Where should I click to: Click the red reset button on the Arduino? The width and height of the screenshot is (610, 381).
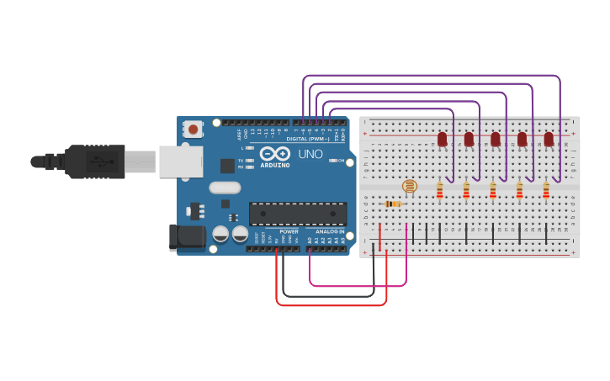pos(194,130)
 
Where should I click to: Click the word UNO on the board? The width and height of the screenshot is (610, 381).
pos(310,154)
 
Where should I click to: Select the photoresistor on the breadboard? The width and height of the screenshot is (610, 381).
pos(409,186)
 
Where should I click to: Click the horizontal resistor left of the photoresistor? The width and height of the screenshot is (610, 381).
pos(392,204)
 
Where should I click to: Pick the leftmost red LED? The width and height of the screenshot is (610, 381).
pos(442,139)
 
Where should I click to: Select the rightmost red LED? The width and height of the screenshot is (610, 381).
pos(549,139)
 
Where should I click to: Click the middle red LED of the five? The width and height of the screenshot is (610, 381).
pos(495,139)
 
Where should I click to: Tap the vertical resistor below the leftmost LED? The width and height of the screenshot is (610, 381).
pos(439,193)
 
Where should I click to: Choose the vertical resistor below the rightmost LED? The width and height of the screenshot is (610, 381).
pos(545,193)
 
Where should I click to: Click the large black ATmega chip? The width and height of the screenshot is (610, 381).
pos(297,214)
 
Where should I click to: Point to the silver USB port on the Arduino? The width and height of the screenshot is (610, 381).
pos(180,161)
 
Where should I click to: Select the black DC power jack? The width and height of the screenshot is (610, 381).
pos(187,237)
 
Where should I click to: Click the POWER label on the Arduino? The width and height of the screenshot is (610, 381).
pos(289,231)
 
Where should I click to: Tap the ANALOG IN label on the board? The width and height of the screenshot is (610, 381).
pos(330,231)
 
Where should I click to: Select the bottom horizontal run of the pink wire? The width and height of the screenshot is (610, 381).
pos(358,286)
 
